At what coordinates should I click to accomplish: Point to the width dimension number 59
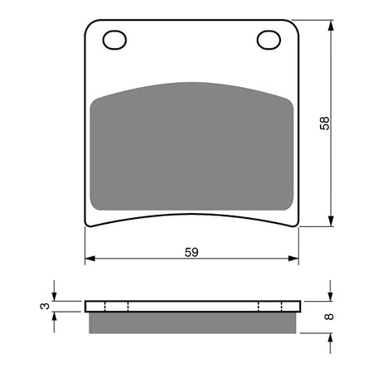pos(191,249)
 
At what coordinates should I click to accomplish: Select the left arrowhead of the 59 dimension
pos(90,259)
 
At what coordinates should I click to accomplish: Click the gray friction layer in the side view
pos(191,322)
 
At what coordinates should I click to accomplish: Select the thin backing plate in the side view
pos(191,306)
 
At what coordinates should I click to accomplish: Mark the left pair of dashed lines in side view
pos(117,306)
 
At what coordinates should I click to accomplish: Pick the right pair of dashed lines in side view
pos(267,306)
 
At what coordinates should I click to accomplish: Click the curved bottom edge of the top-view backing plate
pos(191,217)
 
